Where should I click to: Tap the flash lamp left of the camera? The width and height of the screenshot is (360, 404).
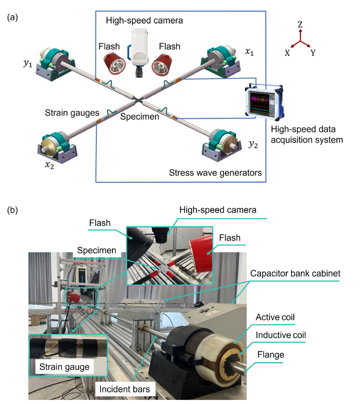click(x=115, y=62)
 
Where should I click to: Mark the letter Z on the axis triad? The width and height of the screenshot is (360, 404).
click(x=300, y=26)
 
